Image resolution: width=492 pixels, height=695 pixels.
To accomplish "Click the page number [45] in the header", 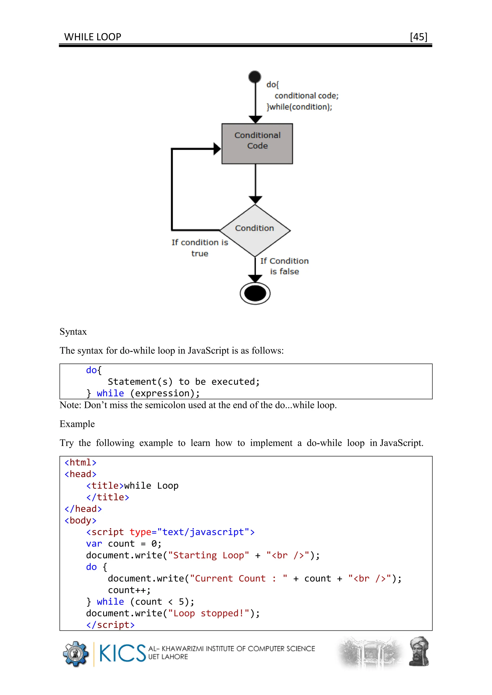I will [418, 37].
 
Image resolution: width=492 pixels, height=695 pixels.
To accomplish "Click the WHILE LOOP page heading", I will [92, 37].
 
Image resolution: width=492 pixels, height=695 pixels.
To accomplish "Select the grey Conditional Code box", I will [257, 144].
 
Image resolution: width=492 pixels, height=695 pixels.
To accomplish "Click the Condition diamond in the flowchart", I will [255, 230].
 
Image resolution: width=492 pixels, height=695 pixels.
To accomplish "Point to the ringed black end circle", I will [255, 293].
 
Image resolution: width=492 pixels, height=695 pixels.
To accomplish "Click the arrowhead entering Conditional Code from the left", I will [217, 149].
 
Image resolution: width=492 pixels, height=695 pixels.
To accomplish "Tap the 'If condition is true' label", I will [200, 248].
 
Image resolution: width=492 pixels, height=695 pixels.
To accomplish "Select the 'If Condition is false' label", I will [284, 266].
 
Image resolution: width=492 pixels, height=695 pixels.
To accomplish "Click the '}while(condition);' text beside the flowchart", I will [299, 107].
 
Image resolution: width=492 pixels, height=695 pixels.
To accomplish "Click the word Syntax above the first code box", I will [73, 332].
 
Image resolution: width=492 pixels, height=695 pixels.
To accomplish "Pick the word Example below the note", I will [77, 424].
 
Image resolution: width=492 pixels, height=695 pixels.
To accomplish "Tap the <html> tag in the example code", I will [80, 462].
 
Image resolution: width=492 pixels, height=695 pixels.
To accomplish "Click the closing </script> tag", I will [110, 625].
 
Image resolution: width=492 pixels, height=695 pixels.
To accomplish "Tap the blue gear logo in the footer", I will [76, 654].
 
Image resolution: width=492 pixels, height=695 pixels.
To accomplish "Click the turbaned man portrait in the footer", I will [419, 651].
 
